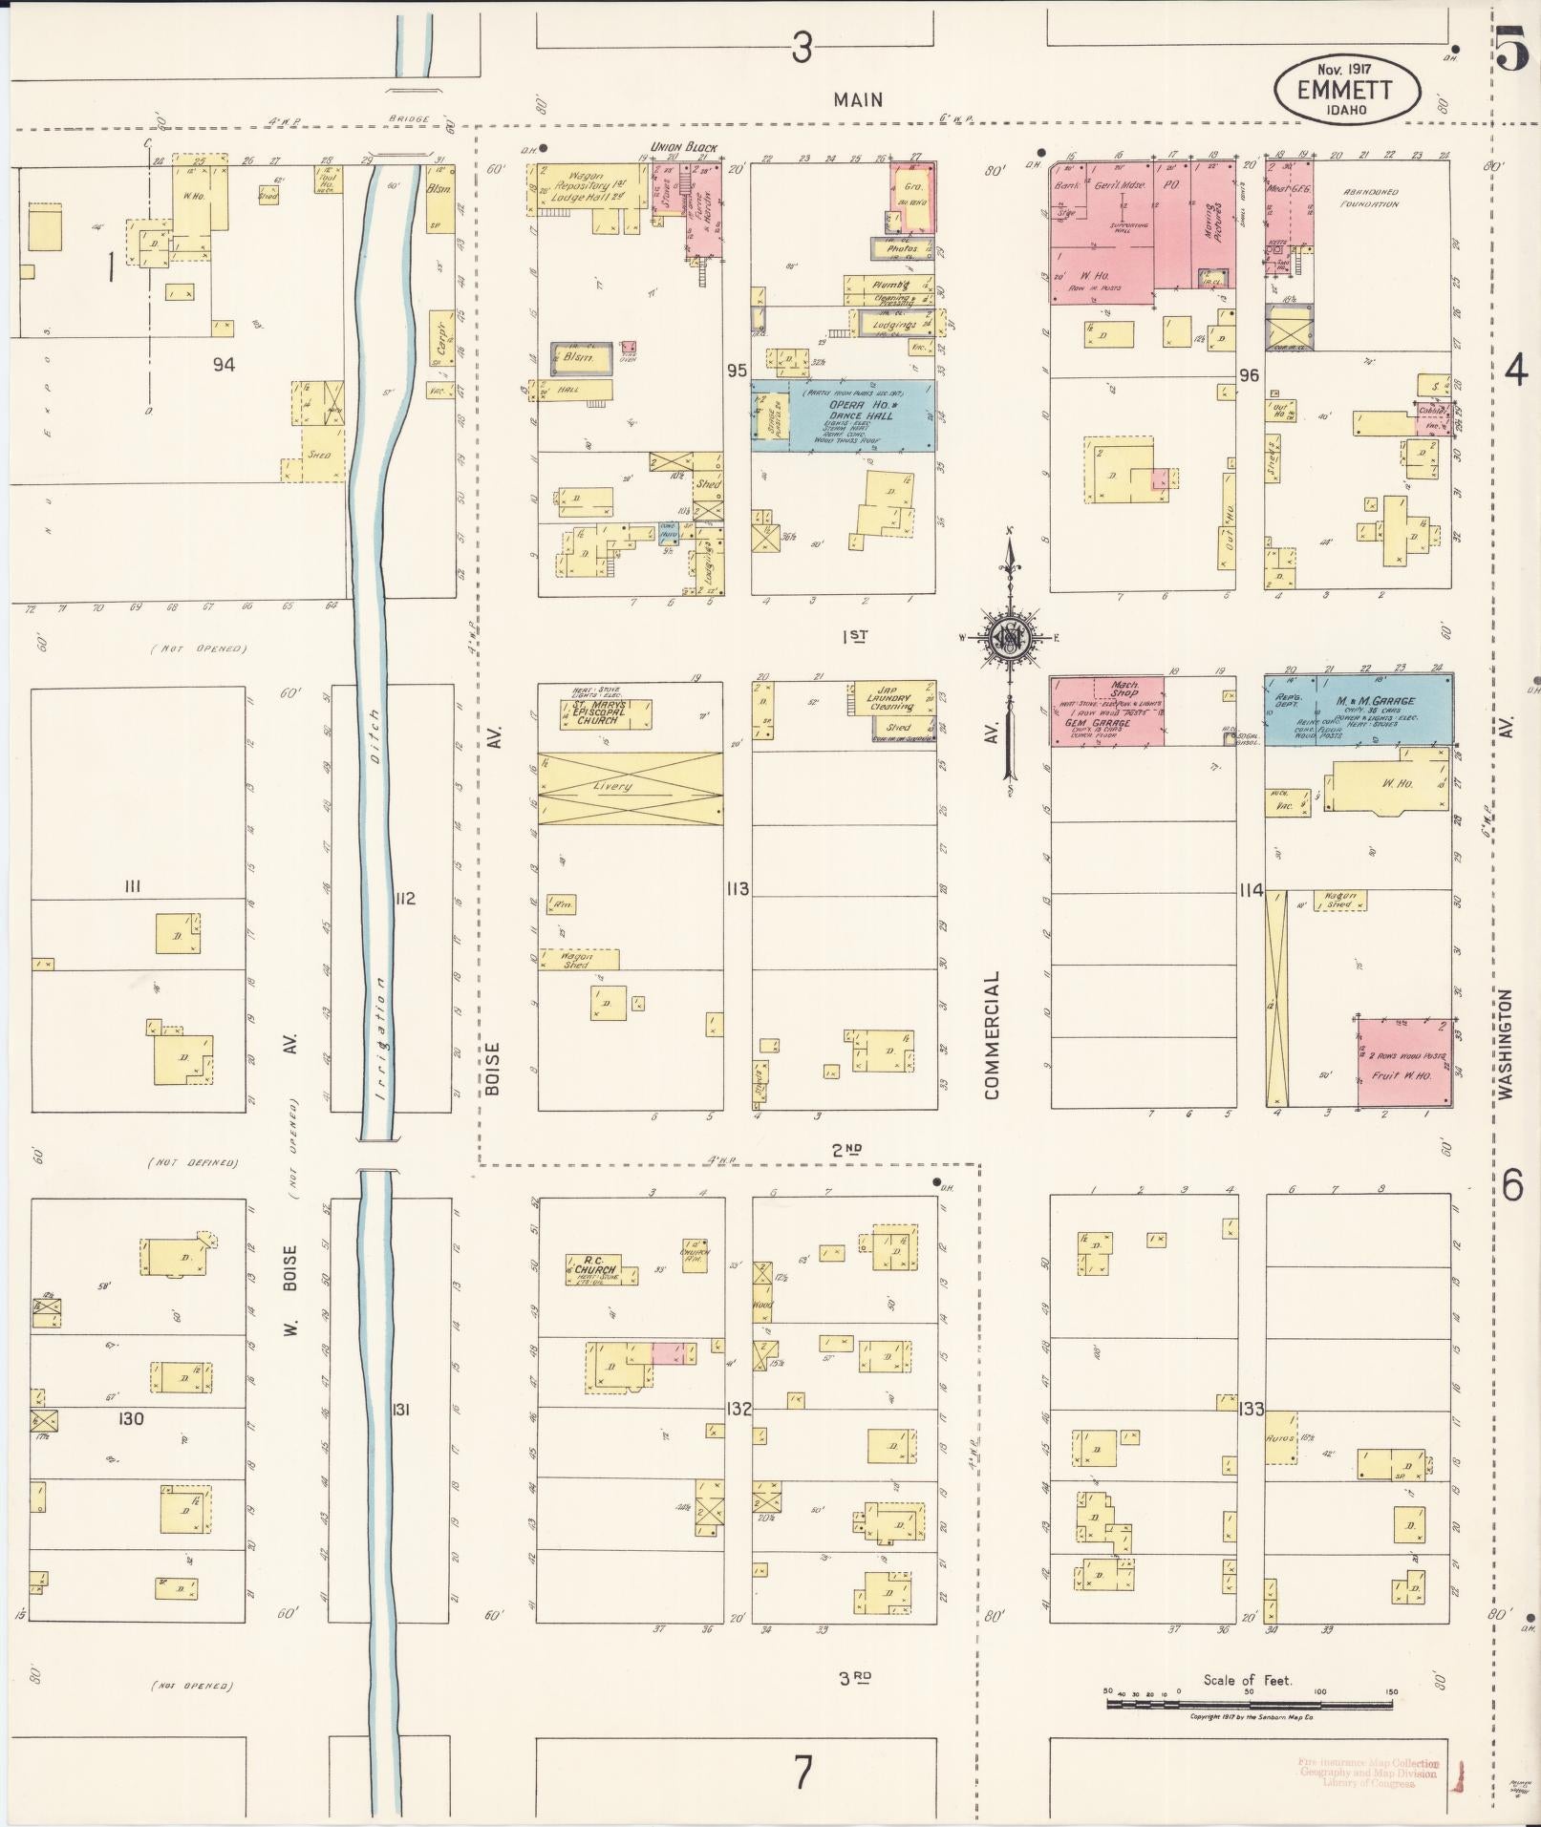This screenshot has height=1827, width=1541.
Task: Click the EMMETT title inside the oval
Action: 1345,90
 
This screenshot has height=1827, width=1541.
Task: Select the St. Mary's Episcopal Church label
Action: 599,713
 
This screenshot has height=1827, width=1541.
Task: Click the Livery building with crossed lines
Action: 630,788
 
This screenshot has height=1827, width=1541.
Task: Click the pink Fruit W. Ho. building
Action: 1404,1063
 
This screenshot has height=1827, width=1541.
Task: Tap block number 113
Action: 737,889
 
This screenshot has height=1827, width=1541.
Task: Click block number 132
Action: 738,1409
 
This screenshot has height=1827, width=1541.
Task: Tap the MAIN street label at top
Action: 857,99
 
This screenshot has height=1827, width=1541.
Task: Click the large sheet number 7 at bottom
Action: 803,1774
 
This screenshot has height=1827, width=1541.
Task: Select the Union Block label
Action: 683,147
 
